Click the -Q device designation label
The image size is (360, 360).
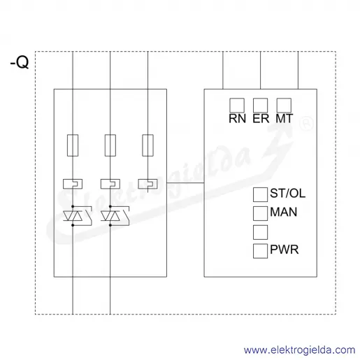coord(20,62)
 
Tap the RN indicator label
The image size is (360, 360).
coord(237,119)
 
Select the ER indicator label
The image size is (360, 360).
coord(261,119)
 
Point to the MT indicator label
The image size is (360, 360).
coord(285,119)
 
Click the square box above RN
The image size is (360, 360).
coord(237,106)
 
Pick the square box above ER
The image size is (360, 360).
coord(261,106)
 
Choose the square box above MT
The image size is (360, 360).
coord(284,106)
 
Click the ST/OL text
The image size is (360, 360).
coord(287,193)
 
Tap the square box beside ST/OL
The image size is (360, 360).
coord(260,194)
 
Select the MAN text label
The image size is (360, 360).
coord(284,212)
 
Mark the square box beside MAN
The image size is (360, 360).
coord(260,213)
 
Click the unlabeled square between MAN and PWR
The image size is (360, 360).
coord(260,232)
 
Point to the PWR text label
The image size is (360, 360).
coord(285,250)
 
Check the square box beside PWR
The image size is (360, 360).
coord(260,251)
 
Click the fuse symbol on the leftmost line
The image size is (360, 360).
coord(73,145)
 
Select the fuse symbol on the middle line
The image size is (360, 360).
coord(110,145)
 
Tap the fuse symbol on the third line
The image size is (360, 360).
coord(147,145)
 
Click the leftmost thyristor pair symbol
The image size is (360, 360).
coord(73,216)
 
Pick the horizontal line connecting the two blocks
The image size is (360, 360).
coord(185,183)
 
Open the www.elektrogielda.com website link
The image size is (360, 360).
coord(300,350)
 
